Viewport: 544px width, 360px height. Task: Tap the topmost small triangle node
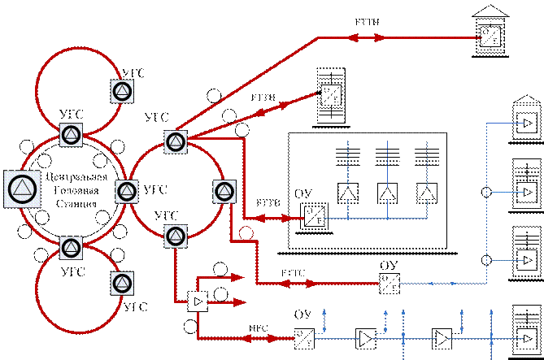click(121, 91)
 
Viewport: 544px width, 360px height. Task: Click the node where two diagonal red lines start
click(176, 141)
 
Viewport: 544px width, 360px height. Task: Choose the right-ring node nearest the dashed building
click(224, 192)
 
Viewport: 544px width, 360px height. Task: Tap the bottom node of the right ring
click(176, 236)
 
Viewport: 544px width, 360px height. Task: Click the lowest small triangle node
click(121, 283)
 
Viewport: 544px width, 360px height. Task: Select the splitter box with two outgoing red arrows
click(197, 301)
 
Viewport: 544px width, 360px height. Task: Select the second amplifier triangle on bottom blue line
click(440, 336)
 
